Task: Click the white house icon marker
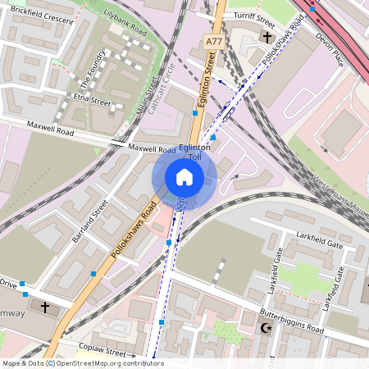(184, 176)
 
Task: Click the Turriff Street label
(253, 16)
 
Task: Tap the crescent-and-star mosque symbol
(265, 328)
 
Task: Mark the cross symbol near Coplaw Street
(44, 307)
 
